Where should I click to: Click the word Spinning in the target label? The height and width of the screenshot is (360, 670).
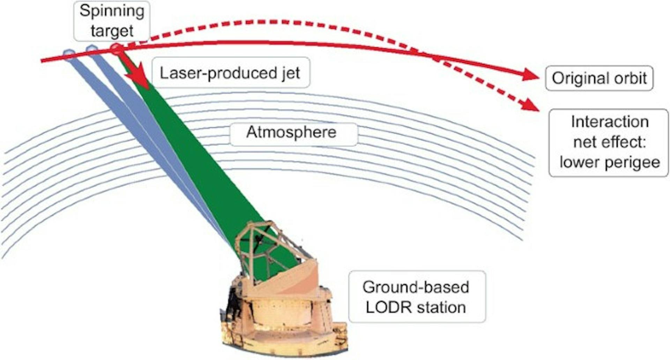[x=112, y=11]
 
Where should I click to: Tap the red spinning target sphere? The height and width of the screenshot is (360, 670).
[x=117, y=49]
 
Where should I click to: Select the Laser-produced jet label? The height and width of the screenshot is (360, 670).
[x=230, y=73]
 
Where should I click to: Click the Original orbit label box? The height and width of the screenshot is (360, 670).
[x=599, y=78]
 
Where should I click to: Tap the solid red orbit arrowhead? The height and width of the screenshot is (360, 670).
[x=530, y=74]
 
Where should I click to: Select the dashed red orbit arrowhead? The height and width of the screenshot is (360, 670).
[x=531, y=105]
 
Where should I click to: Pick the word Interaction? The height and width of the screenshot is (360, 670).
[x=610, y=122]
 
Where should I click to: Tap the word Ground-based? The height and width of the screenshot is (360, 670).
[x=416, y=287]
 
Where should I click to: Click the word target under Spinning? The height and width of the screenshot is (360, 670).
[x=112, y=31]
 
